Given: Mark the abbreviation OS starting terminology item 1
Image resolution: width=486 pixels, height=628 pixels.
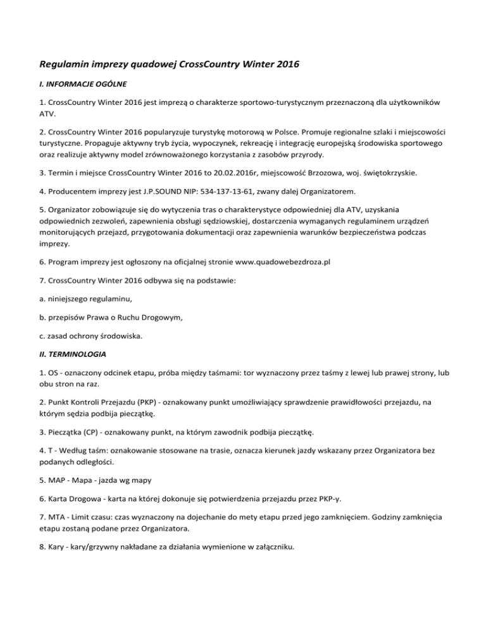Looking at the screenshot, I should [x=48, y=373].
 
